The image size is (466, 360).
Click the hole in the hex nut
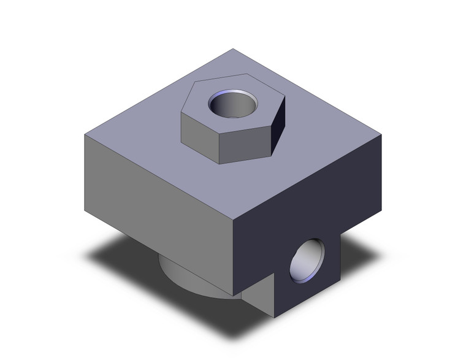pos(231,103)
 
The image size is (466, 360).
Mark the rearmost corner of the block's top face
pos(234,48)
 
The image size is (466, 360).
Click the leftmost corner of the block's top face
pos(83,135)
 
